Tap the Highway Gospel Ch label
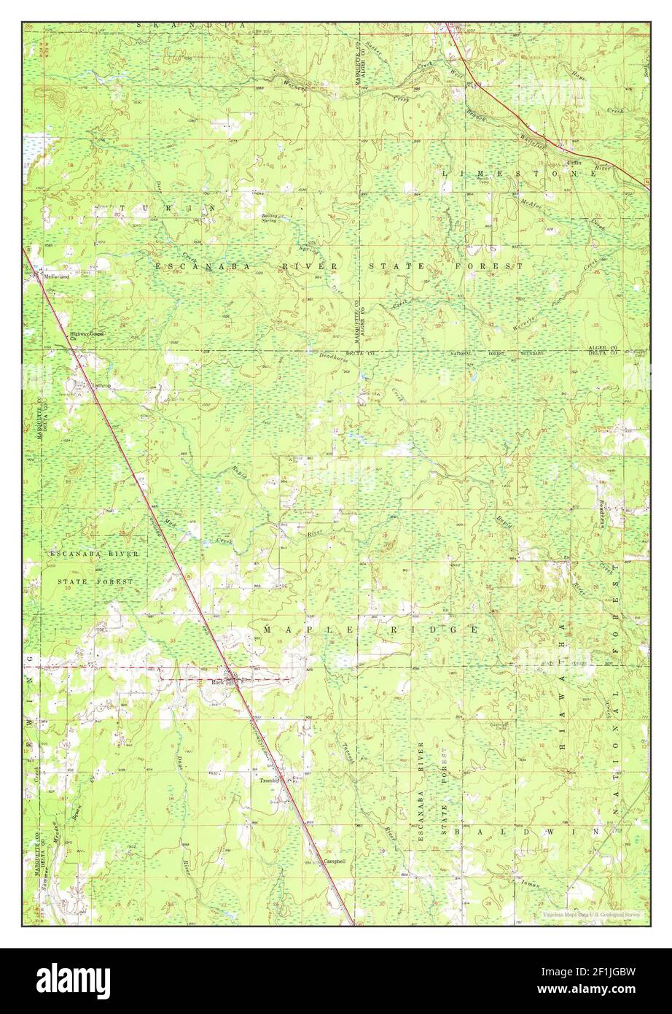tap(87, 336)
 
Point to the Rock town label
tap(216, 682)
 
